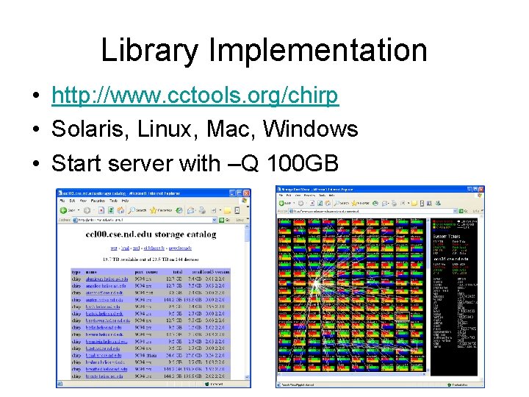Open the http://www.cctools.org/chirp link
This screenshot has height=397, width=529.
(195, 96)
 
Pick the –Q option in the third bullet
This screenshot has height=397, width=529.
(236, 162)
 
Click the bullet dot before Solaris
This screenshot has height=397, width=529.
(35, 130)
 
